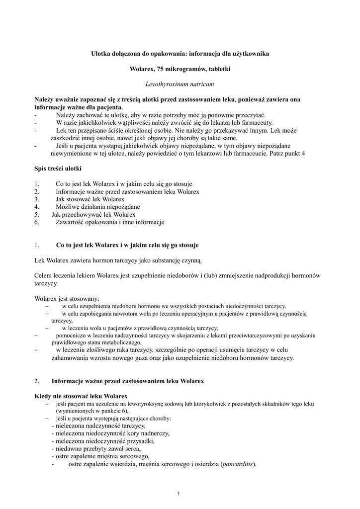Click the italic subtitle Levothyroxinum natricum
(180, 85)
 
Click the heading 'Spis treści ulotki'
(54, 169)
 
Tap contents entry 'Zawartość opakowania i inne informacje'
(109, 222)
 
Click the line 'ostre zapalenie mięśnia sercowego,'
(100, 456)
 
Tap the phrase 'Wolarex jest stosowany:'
(67, 299)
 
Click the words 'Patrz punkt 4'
(287, 154)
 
